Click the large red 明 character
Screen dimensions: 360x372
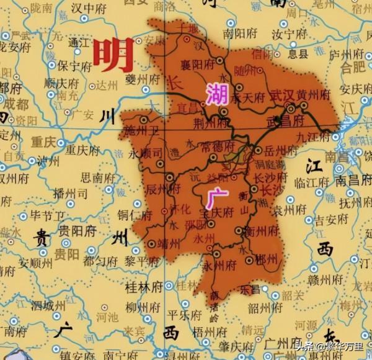tap(113, 55)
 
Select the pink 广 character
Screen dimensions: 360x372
tap(218, 198)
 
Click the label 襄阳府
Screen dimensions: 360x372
tap(197, 65)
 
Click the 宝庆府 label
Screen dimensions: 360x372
tap(216, 212)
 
